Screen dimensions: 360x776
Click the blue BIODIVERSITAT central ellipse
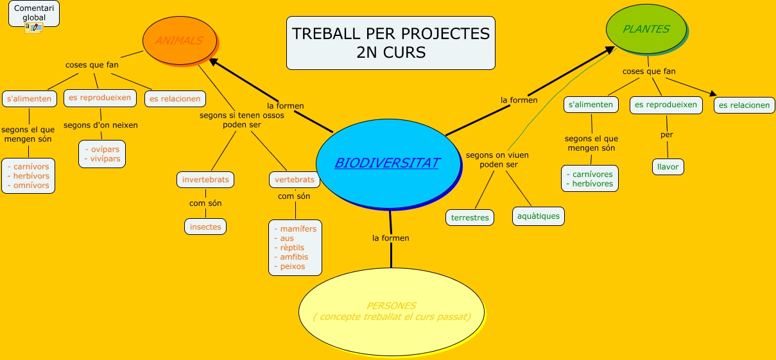pos(388,164)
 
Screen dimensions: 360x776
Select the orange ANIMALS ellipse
pos(179,40)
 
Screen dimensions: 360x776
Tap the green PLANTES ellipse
pos(646,29)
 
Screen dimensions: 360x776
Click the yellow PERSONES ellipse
pos(392,311)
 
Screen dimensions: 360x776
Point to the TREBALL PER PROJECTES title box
pos(390,43)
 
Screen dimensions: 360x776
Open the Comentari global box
pos(34,13)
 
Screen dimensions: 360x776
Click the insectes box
pos(205,227)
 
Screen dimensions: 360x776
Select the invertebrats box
pos(205,180)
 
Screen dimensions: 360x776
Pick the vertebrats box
pos(295,180)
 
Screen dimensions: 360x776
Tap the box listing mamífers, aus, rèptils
pos(295,248)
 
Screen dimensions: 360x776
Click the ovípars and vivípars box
pos(103,154)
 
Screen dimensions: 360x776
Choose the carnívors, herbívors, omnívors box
pos(28,176)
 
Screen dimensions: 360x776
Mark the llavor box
pos(668,167)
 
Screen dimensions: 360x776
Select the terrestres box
pos(470,218)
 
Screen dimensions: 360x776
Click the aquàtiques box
pos(538,216)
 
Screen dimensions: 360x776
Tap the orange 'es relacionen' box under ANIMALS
pos(175,99)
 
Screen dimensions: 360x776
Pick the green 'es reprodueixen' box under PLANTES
pos(666,105)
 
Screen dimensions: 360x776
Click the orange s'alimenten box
pos(29,99)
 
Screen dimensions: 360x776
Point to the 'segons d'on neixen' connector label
pos(100,125)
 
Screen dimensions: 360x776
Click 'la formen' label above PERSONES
pos(390,238)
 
